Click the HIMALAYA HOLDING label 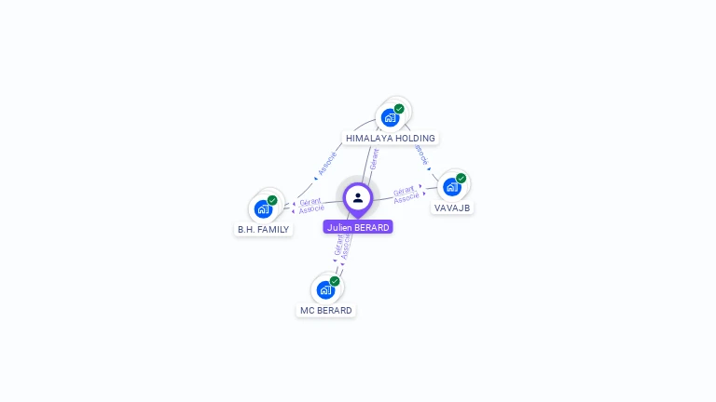(x=390, y=138)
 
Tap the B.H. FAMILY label (x=263, y=229)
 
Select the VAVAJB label (x=452, y=207)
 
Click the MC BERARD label (x=325, y=310)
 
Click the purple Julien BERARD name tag (x=358, y=227)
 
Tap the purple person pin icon (x=358, y=197)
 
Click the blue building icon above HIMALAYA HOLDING (x=390, y=117)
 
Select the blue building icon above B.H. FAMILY (x=263, y=208)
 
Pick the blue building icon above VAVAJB (x=452, y=186)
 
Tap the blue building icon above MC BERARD (x=324, y=289)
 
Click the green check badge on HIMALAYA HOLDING (x=399, y=109)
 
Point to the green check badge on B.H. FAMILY (x=272, y=200)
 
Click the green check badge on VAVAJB (x=461, y=178)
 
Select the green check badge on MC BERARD (x=335, y=281)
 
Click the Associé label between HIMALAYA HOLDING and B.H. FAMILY (x=327, y=163)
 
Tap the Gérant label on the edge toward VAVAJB (x=404, y=190)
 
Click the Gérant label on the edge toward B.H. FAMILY (x=310, y=201)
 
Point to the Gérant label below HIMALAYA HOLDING (x=374, y=158)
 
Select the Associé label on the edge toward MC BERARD (x=347, y=248)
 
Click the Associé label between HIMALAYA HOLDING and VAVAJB (x=421, y=154)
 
